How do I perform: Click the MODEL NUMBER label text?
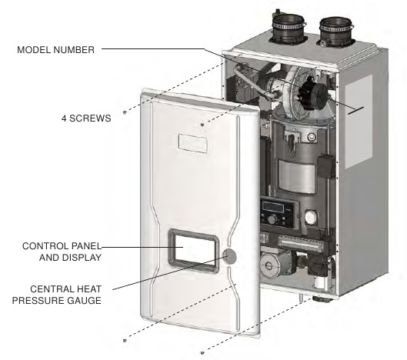(55, 49)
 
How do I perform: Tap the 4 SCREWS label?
(86, 118)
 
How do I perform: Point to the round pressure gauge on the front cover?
(229, 256)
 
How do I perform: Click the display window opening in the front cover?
(192, 251)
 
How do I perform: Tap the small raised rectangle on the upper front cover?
(192, 143)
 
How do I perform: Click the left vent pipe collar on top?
(288, 28)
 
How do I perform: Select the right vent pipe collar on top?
(335, 32)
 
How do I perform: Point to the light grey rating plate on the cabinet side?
(359, 122)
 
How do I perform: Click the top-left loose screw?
(125, 112)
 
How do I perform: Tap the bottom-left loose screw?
(125, 340)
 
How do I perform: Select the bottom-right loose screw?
(202, 353)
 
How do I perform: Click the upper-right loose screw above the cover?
(202, 125)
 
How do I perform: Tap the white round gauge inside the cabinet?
(311, 217)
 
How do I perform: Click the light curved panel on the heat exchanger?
(296, 176)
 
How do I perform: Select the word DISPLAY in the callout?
(70, 258)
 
